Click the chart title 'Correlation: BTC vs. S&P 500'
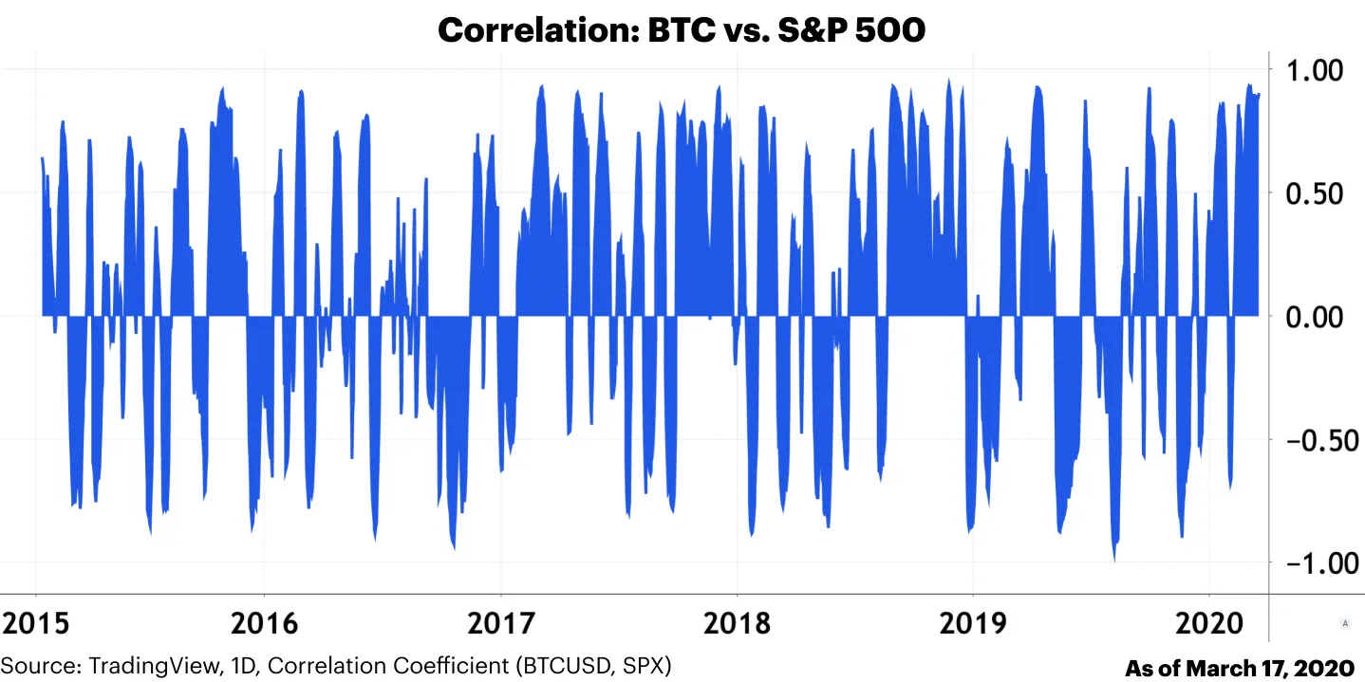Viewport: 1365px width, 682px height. [681, 30]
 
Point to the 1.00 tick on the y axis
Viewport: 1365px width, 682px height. [1314, 70]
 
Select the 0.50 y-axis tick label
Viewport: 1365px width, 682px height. [1314, 194]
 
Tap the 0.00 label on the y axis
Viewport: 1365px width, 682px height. [1314, 317]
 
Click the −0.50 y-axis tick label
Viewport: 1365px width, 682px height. [1314, 440]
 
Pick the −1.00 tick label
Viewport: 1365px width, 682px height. [1314, 563]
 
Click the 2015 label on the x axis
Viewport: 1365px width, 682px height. [37, 623]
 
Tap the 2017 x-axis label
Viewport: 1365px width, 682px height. [501, 623]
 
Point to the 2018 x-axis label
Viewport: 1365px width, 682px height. [737, 623]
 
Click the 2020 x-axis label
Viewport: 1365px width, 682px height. [1209, 623]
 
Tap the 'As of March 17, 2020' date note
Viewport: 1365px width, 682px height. [1239, 668]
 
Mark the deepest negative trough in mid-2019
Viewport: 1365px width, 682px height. [1114, 560]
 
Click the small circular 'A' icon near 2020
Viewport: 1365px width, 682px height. [1344, 623]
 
